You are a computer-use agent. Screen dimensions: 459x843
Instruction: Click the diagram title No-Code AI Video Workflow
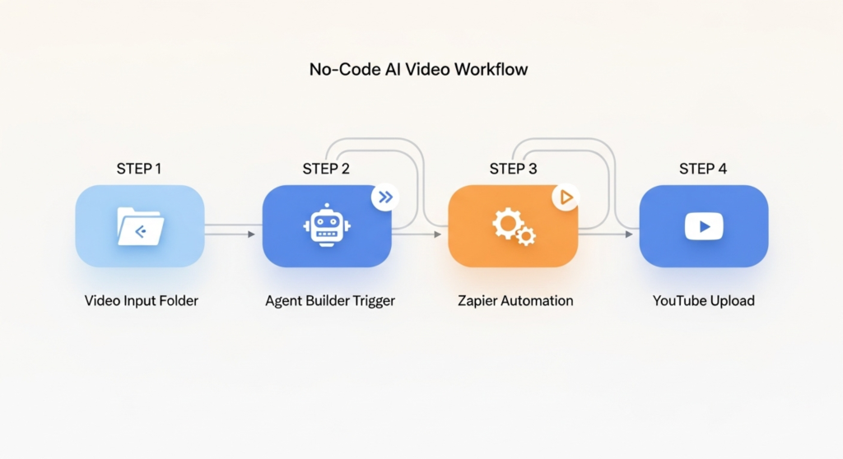pos(418,69)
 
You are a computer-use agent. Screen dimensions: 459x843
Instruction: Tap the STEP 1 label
pos(139,169)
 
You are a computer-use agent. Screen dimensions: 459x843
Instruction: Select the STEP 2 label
pos(326,169)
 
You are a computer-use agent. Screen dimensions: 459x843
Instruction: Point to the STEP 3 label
pos(513,169)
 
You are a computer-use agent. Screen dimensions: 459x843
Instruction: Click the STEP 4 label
pos(703,169)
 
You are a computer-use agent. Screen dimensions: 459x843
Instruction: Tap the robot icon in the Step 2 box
pos(327,225)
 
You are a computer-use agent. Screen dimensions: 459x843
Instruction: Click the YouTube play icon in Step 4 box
pos(704,225)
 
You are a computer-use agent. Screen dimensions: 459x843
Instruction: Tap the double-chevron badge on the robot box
pos(384,197)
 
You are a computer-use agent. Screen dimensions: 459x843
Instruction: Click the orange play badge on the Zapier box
pos(566,197)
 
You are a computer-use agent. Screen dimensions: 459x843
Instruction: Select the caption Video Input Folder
pos(142,300)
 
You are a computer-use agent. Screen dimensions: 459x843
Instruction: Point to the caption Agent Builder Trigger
pos(330,300)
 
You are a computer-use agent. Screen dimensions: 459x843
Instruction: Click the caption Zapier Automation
pos(515,300)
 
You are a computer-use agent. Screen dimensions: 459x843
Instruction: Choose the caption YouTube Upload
pos(704,300)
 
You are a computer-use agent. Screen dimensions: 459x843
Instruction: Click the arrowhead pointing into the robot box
pos(251,234)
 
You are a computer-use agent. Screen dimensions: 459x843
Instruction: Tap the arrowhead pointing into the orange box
pos(438,234)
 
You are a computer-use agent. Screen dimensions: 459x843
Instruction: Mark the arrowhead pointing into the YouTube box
pos(629,234)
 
